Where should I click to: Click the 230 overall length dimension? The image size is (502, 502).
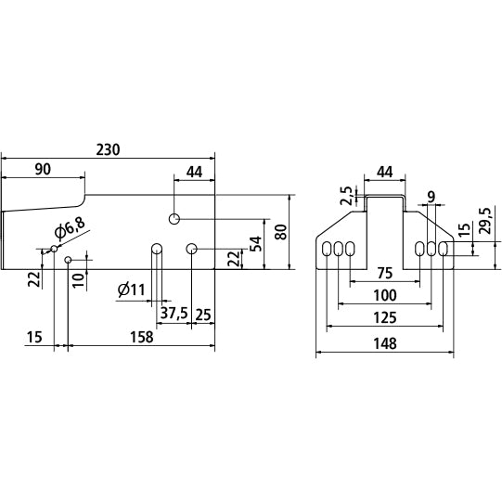pyautogui.click(x=109, y=149)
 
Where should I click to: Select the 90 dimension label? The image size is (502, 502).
pyautogui.click(x=43, y=169)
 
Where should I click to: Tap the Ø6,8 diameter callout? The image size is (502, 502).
pyautogui.click(x=71, y=228)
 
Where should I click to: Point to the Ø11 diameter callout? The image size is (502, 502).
pyautogui.click(x=131, y=290)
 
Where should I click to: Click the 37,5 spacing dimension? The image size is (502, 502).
pyautogui.click(x=174, y=313)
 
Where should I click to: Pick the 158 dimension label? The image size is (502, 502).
pyautogui.click(x=142, y=337)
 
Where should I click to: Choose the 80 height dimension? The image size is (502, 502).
pyautogui.click(x=281, y=232)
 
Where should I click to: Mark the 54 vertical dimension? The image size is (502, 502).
pyautogui.click(x=256, y=244)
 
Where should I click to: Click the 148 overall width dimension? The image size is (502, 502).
pyautogui.click(x=385, y=343)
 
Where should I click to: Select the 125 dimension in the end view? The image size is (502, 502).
pyautogui.click(x=385, y=317)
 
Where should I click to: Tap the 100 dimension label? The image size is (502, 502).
pyautogui.click(x=385, y=295)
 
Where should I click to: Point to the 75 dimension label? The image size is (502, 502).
pyautogui.click(x=385, y=273)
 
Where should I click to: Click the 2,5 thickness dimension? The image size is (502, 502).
pyautogui.click(x=346, y=196)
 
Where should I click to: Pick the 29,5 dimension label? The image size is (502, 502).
pyautogui.click(x=485, y=221)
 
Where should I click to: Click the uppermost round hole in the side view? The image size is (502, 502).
pyautogui.click(x=174, y=219)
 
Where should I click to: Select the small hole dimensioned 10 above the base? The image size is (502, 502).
pyautogui.click(x=68, y=260)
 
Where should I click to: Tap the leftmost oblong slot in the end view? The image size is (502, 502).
pyautogui.click(x=327, y=249)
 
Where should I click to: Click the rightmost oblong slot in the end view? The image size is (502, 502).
pyautogui.click(x=444, y=249)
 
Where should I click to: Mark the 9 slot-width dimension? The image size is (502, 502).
pyautogui.click(x=431, y=197)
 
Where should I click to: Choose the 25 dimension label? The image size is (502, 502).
pyautogui.click(x=203, y=315)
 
